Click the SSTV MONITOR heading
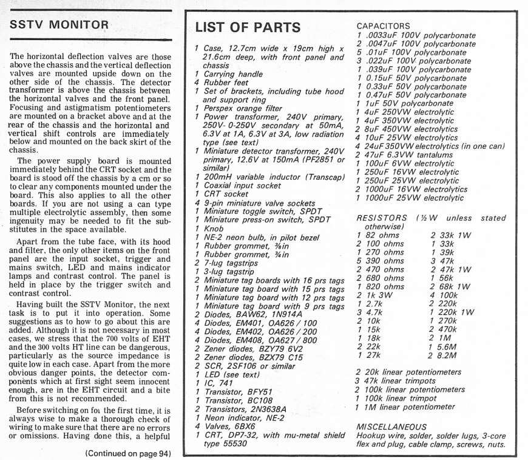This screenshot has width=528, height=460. click(59, 26)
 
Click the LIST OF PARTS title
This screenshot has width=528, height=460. click(248, 27)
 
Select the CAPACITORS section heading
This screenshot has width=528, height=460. click(383, 26)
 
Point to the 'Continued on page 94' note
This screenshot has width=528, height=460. click(129, 453)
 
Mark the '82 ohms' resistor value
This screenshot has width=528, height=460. click(384, 235)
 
